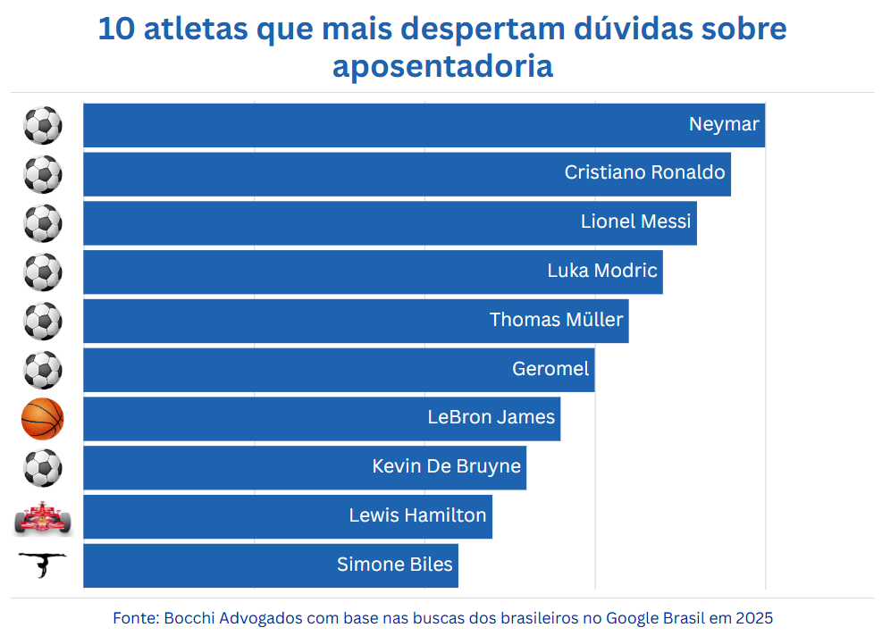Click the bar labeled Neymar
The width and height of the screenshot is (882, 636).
pos(424,125)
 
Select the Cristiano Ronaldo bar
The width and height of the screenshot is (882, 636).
pos(407,173)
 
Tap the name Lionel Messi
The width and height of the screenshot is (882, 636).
pos(636,222)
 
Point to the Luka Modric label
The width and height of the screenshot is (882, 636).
pos(602,271)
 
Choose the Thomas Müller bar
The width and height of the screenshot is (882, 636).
pos(356,321)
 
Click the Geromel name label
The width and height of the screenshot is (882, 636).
pos(550,369)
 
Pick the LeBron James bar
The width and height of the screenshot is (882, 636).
pos(322,418)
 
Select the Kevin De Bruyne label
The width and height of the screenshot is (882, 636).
pos(446,466)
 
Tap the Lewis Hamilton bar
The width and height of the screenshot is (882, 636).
pos(288,516)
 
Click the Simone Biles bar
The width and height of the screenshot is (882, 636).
pos(270,565)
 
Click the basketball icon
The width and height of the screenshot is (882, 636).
pos(43,419)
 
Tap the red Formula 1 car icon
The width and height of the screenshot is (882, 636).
pos(43,518)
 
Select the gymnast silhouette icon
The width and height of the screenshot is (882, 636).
pos(43,565)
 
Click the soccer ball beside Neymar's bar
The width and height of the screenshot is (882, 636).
pos(43,125)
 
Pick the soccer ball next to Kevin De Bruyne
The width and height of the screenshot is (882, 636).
pos(43,467)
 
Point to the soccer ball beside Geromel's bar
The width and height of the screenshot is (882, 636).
pos(43,370)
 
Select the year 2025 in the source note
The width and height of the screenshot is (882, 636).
pos(755,618)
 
